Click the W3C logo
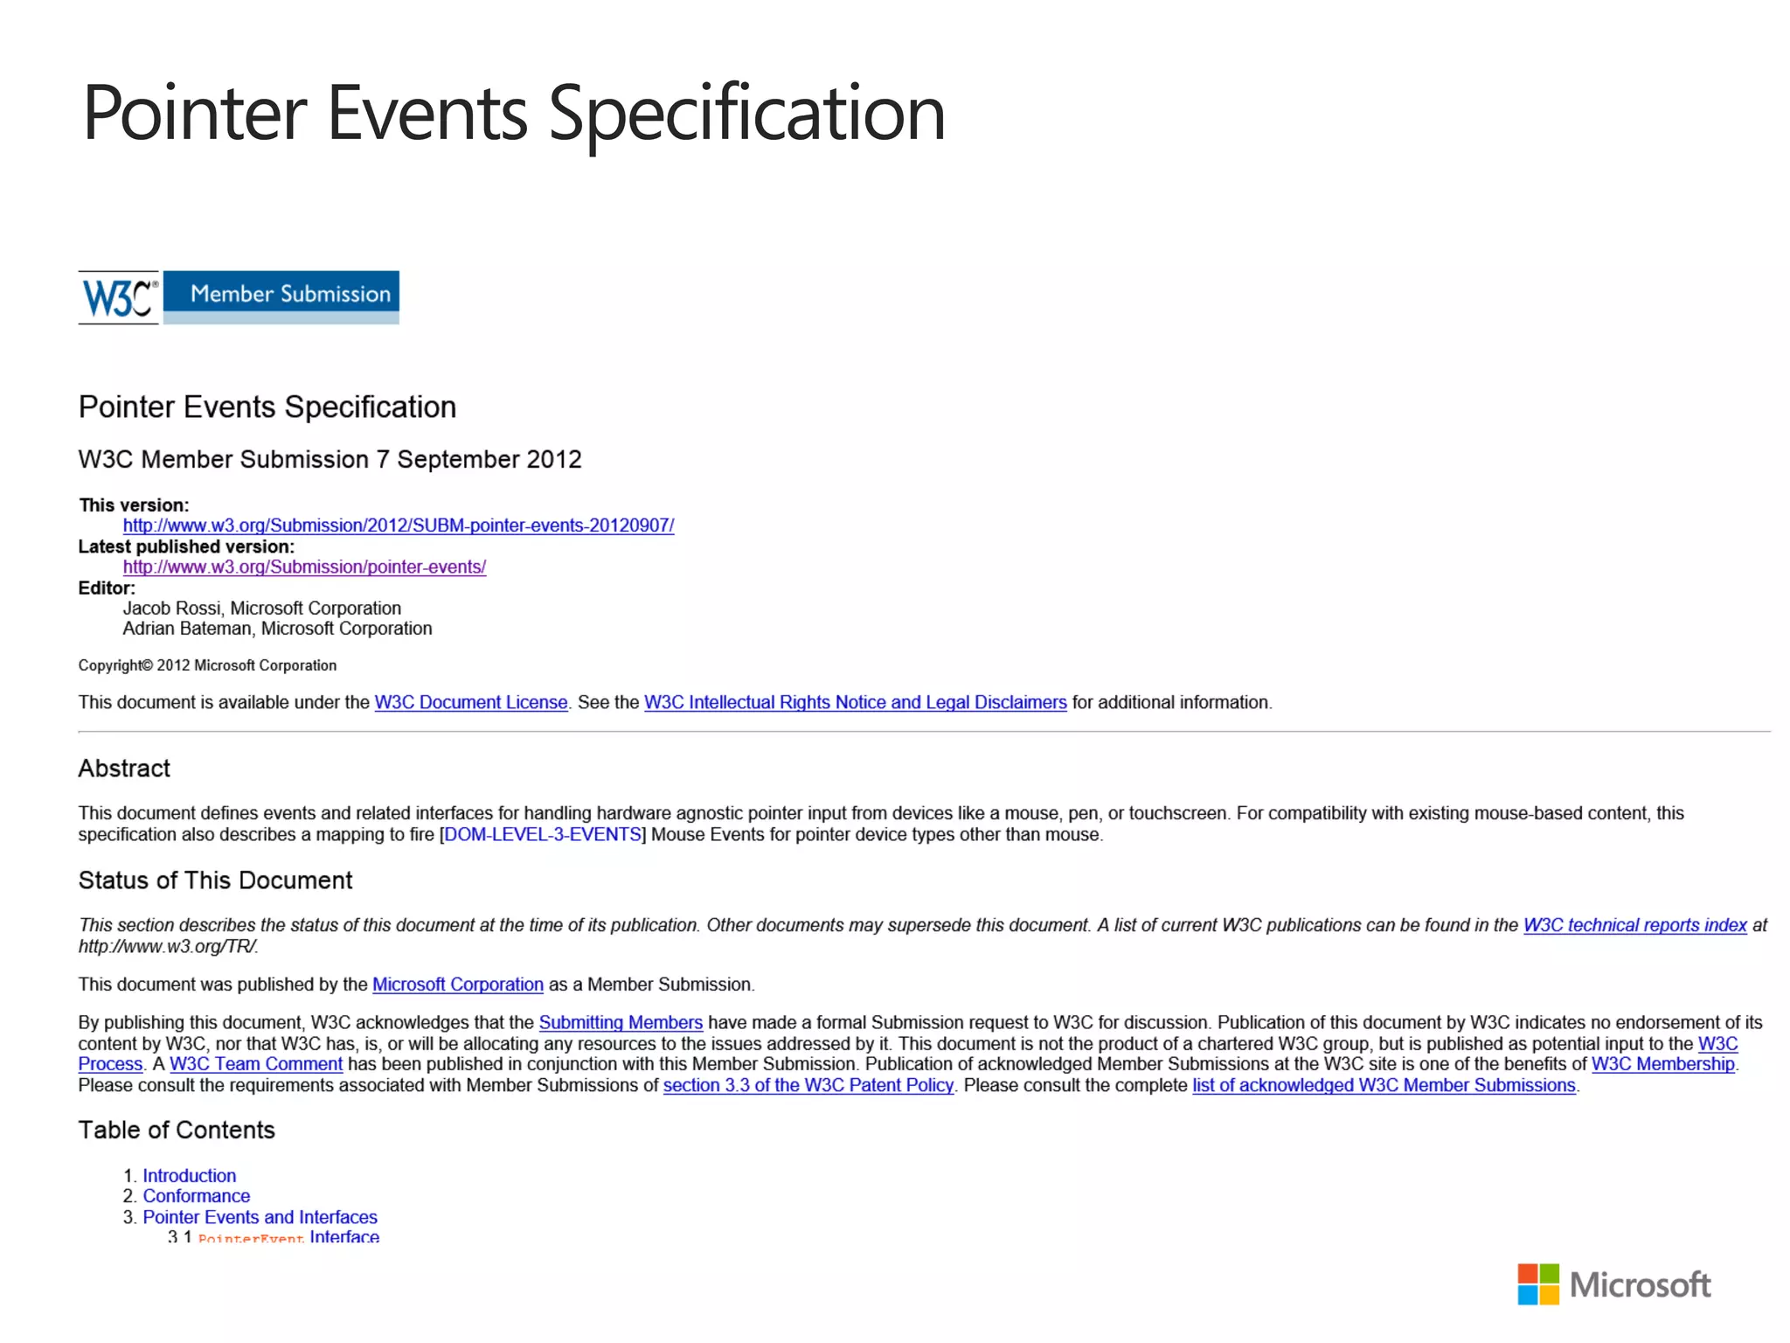point(119,297)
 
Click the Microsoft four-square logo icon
point(1537,1284)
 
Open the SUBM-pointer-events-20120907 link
point(398,525)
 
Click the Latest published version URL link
point(304,567)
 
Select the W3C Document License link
point(471,702)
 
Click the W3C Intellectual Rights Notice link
point(855,702)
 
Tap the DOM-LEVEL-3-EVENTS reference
point(543,834)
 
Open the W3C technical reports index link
point(1634,925)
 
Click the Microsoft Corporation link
point(457,985)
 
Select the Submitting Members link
point(621,1022)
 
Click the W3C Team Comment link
point(256,1064)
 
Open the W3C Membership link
point(1662,1064)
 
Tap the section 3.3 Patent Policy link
point(808,1085)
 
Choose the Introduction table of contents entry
point(190,1176)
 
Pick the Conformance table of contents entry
point(197,1196)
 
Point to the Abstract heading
point(124,769)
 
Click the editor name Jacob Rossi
point(172,608)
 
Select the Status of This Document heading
point(215,880)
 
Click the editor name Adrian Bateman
point(186,629)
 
